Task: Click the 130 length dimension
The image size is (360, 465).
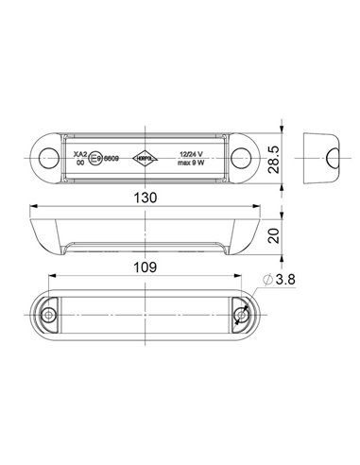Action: [x=146, y=198]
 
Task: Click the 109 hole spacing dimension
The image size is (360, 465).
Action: [x=146, y=267]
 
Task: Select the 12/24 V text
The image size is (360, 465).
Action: [x=194, y=153]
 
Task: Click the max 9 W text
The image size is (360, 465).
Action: [x=194, y=163]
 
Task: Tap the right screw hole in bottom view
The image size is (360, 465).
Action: [x=240, y=315]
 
